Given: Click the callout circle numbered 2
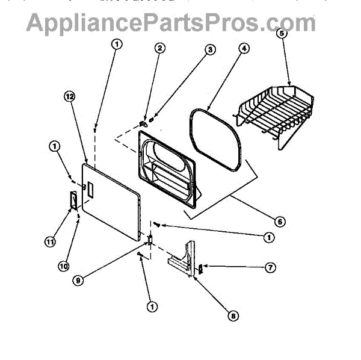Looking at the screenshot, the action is coord(159,48).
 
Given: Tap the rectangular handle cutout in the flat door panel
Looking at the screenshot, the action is coord(90,191).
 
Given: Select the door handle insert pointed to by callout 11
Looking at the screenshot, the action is coord(72,198).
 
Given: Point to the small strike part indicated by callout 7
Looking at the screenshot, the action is coord(201,268).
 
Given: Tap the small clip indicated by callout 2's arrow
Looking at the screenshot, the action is coord(143,123).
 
